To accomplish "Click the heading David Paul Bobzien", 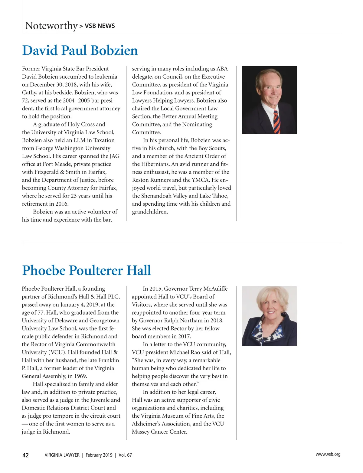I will [80, 51].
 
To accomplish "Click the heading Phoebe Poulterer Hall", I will [87, 270].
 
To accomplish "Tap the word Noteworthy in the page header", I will [51, 26].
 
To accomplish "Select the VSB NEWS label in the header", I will [100, 26].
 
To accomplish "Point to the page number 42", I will [26, 455].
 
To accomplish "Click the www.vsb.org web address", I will [328, 454].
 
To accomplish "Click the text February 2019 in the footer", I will [99, 455].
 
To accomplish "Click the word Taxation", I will [100, 140].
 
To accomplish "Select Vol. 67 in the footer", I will [125, 455].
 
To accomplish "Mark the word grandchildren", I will [150, 212].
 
